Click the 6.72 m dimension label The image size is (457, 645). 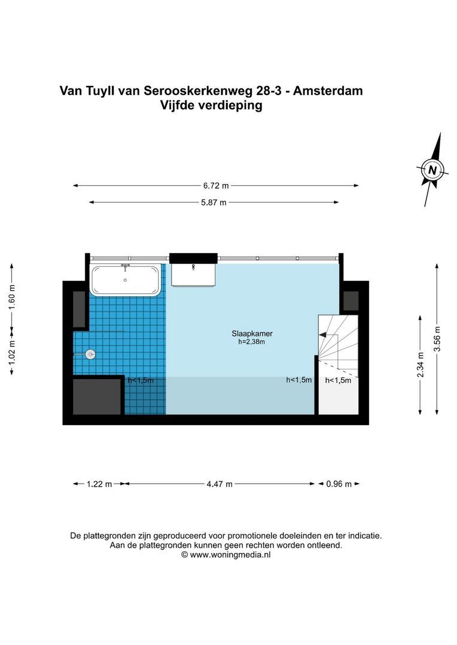[217, 186]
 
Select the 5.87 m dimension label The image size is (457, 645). [214, 202]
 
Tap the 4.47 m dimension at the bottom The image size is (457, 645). [220, 484]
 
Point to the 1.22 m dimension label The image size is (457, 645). [99, 484]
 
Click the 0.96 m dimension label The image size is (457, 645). [337, 484]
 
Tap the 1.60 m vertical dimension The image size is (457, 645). [12, 297]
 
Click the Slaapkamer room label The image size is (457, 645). [248, 334]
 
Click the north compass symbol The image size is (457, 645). [432, 170]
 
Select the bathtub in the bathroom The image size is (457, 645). [126, 279]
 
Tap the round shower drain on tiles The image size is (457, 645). [90, 354]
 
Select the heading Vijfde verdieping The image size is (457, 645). [211, 106]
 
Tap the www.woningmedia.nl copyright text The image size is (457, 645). [226, 555]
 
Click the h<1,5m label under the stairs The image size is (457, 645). [338, 380]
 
